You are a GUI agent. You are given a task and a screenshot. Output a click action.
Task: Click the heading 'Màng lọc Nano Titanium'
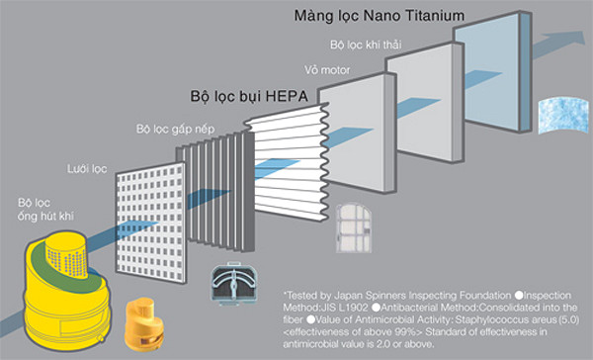pyautogui.click(x=379, y=16)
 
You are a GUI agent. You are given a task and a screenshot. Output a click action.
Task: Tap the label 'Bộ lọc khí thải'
pyautogui.click(x=366, y=45)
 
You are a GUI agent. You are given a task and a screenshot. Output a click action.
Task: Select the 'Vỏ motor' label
pyautogui.click(x=327, y=70)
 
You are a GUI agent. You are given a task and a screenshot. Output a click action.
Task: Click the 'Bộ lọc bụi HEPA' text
pyautogui.click(x=249, y=96)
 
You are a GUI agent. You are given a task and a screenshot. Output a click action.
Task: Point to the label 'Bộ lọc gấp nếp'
pyautogui.click(x=175, y=130)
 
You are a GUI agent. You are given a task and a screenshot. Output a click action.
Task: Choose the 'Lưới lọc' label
pyautogui.click(x=87, y=169)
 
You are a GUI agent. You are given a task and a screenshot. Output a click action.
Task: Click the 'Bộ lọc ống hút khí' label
pyautogui.click(x=45, y=210)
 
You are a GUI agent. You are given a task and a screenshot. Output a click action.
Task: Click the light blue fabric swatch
pyautogui.click(x=563, y=115)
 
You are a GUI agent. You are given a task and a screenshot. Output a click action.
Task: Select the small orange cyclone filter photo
pyautogui.click(x=144, y=323)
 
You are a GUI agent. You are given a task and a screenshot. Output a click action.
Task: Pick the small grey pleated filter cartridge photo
pyautogui.click(x=234, y=284)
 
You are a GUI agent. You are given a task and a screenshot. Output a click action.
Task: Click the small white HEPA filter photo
pyautogui.click(x=354, y=228)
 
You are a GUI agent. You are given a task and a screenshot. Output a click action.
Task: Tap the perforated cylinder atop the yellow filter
pyautogui.click(x=66, y=252)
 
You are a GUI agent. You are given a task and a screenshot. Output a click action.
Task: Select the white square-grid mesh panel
pyautogui.click(x=150, y=223)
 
